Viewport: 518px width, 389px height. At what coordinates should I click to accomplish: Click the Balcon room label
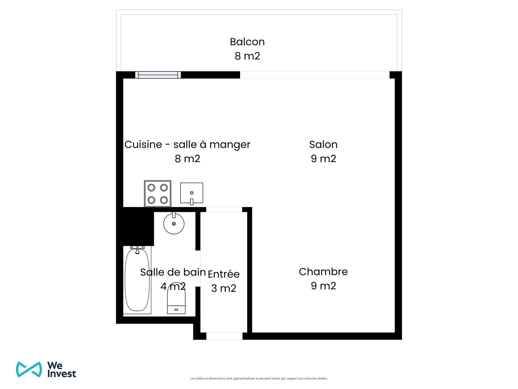pos(247,42)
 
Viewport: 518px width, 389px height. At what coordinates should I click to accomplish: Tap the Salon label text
pos(323,145)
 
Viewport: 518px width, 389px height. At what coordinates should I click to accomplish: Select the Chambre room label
pos(323,272)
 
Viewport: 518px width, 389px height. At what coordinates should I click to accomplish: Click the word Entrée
pos(224,274)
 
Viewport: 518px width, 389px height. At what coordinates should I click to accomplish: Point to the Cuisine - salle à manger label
pos(187,145)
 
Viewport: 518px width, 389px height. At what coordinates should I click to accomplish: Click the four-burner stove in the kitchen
pos(158,194)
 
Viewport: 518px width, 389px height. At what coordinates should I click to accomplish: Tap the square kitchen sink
pos(192,193)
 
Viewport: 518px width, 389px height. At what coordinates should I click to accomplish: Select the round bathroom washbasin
pos(174,223)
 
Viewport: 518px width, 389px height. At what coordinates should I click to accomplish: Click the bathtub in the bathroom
pos(137,280)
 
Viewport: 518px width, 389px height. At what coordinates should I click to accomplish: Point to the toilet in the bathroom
pos(176,298)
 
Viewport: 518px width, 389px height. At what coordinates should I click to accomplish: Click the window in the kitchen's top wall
pos(158,75)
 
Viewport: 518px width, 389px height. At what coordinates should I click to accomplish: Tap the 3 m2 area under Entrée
pos(224,288)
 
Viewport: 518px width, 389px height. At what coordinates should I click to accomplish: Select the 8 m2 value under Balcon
pos(247,56)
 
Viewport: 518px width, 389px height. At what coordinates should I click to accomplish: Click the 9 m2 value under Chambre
pos(323,286)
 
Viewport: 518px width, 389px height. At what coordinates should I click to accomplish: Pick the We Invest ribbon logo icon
pos(29,369)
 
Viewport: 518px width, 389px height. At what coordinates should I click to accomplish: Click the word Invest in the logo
pos(62,374)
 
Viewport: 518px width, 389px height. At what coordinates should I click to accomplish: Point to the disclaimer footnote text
pos(259,378)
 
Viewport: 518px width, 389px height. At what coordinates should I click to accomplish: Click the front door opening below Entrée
pos(224,336)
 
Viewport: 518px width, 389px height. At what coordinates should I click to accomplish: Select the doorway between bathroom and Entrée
pos(198,268)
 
